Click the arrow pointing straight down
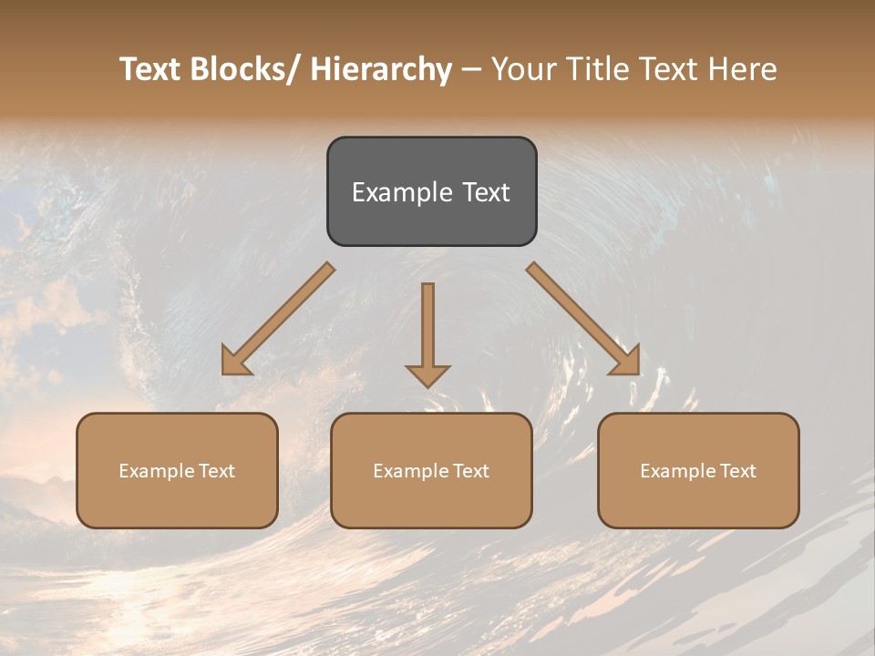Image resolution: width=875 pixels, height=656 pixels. point(427,333)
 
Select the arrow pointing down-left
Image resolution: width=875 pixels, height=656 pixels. point(278,319)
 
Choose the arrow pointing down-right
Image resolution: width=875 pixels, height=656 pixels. point(583,319)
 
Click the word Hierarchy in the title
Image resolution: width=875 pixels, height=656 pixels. point(380,69)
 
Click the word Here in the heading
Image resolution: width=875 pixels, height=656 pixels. point(742,69)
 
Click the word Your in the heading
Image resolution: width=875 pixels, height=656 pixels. point(522,69)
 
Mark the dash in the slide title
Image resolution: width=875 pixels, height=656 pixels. point(471,69)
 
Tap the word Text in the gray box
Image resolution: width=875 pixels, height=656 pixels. point(485,192)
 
